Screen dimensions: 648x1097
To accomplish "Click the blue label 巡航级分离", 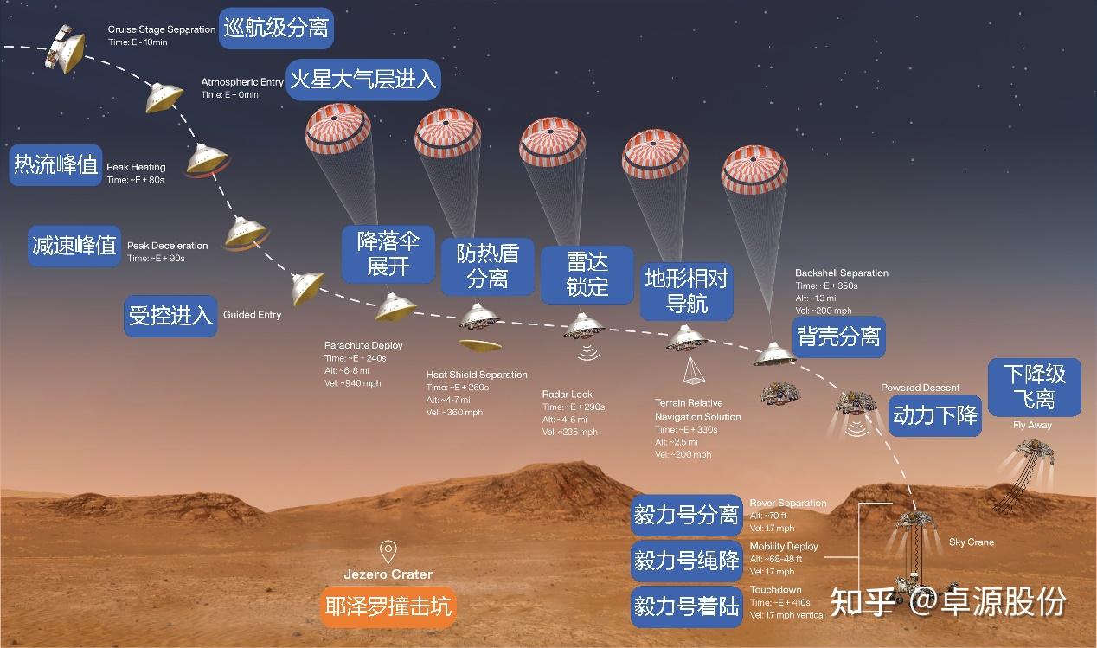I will pos(276,28).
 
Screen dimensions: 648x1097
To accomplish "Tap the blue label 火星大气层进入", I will pos(363,80).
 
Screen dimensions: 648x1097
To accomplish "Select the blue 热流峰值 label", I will pos(55,164).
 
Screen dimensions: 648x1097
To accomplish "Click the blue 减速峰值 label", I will pos(74,245).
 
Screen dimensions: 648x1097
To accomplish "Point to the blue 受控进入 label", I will pos(170,315).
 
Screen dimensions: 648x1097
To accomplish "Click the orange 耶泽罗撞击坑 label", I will pos(388,606).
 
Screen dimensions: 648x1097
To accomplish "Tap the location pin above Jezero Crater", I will pos(388,551).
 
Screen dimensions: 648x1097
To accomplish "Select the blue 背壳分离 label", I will pos(838,336).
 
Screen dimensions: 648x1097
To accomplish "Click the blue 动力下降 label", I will pos(934,415).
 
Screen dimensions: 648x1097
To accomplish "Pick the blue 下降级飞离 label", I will pos(1034,387).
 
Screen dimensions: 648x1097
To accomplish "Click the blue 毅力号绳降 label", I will pos(686,560).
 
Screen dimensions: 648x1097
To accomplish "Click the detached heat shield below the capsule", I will pos(479,345).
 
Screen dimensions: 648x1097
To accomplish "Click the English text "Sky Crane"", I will pos(972,542).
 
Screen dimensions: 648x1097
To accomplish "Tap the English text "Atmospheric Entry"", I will pos(242,82).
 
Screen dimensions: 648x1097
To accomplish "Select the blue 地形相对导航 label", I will pos(687,291).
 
